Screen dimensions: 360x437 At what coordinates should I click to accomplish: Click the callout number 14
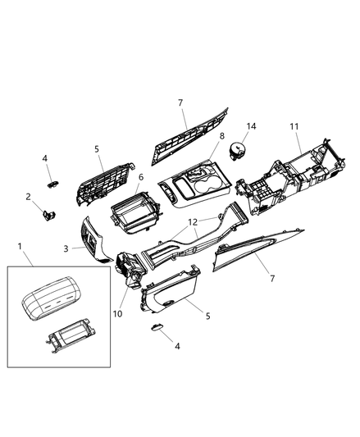click(251, 126)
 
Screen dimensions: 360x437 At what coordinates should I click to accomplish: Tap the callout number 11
click(294, 126)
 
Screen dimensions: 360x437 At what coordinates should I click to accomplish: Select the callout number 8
click(221, 136)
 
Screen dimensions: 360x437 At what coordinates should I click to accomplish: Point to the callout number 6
click(141, 177)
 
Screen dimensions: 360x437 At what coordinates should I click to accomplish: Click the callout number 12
click(193, 222)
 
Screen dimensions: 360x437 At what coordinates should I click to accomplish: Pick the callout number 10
click(117, 313)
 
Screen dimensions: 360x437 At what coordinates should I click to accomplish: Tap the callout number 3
click(66, 248)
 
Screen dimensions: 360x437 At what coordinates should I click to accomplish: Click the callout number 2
click(28, 197)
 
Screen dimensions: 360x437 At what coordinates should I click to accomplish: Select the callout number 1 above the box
click(20, 246)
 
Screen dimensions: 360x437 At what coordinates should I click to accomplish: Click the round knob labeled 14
click(237, 151)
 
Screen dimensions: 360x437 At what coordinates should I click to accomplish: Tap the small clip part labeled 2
click(48, 215)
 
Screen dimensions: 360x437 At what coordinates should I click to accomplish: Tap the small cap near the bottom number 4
click(157, 327)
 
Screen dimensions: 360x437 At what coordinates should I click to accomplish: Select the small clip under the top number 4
click(52, 184)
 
